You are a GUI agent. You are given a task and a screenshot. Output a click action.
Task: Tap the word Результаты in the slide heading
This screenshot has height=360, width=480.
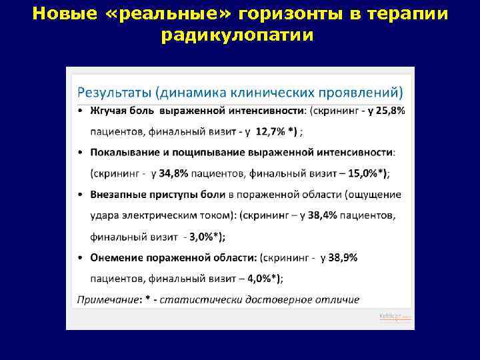(x=117, y=90)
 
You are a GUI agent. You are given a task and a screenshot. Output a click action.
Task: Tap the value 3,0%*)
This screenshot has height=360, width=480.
(x=207, y=237)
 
